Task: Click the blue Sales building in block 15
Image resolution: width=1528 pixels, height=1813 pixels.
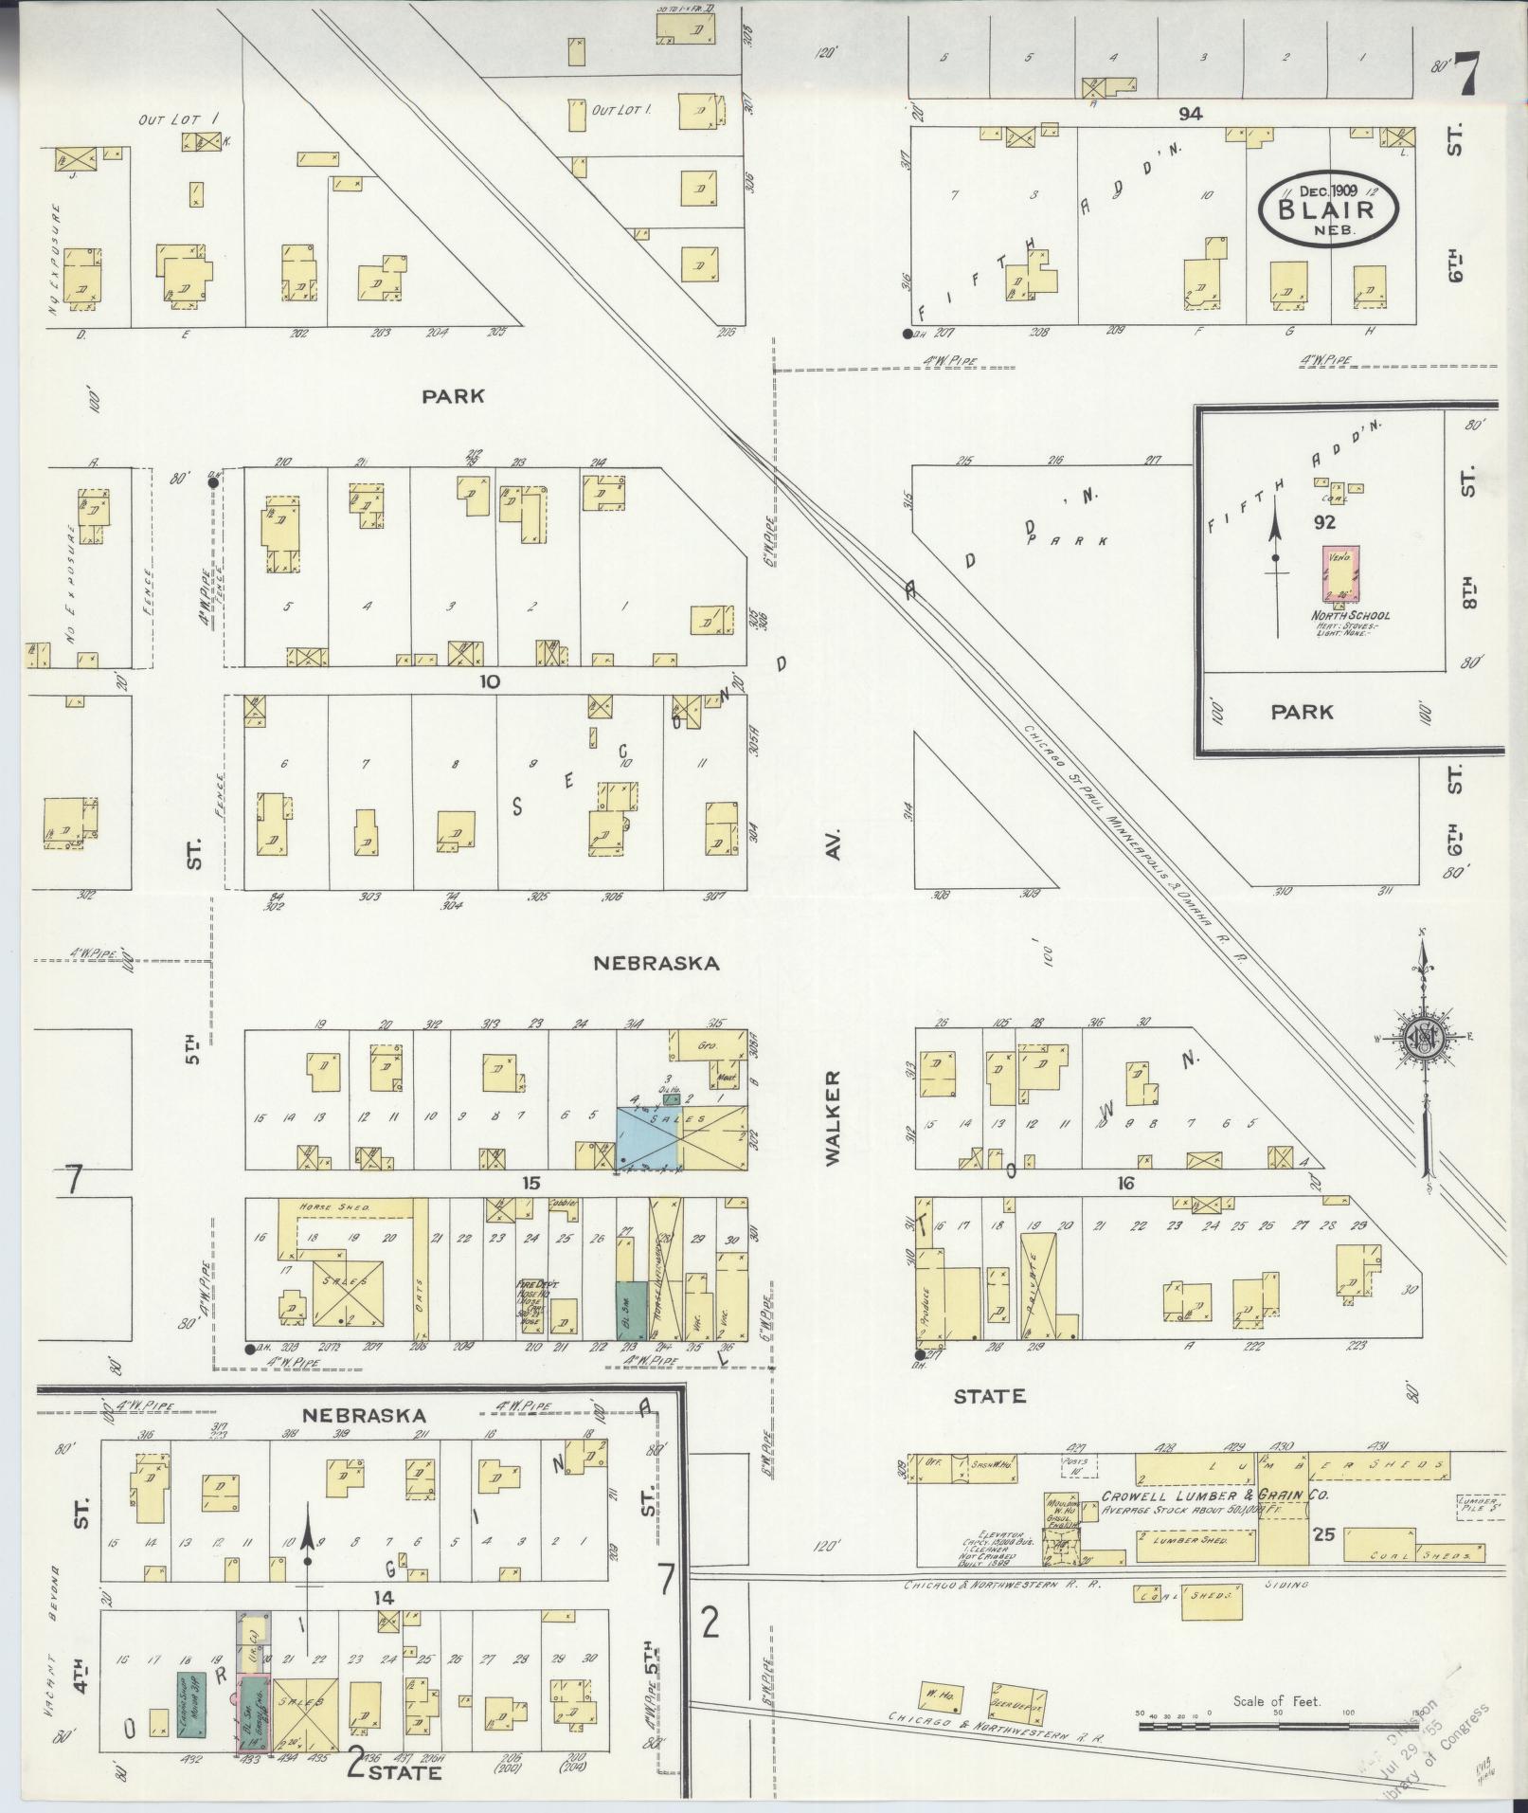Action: [x=649, y=1136]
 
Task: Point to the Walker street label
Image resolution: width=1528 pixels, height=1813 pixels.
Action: [x=832, y=1118]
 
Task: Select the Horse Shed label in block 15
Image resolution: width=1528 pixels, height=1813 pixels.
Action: [x=326, y=1206]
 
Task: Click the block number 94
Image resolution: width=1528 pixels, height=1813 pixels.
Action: [x=1190, y=114]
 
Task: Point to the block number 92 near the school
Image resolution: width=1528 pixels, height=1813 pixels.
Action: [x=1324, y=522]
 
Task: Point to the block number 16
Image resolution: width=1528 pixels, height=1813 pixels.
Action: [x=1125, y=1183]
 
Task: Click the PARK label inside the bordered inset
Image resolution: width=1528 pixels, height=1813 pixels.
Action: [x=1303, y=712]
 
